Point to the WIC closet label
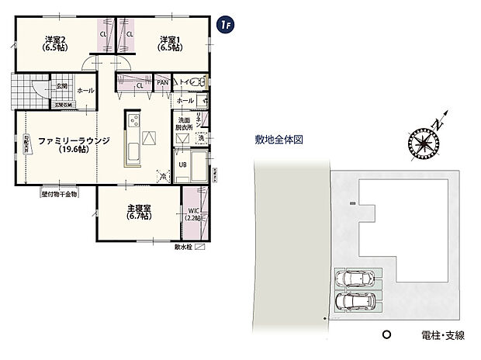(x=193, y=214)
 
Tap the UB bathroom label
(x=183, y=165)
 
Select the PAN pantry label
(x=163, y=83)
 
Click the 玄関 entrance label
(x=62, y=86)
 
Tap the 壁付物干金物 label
(x=60, y=195)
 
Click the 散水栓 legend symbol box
(x=200, y=247)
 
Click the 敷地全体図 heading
(x=277, y=140)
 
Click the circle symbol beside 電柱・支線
(x=386, y=335)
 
